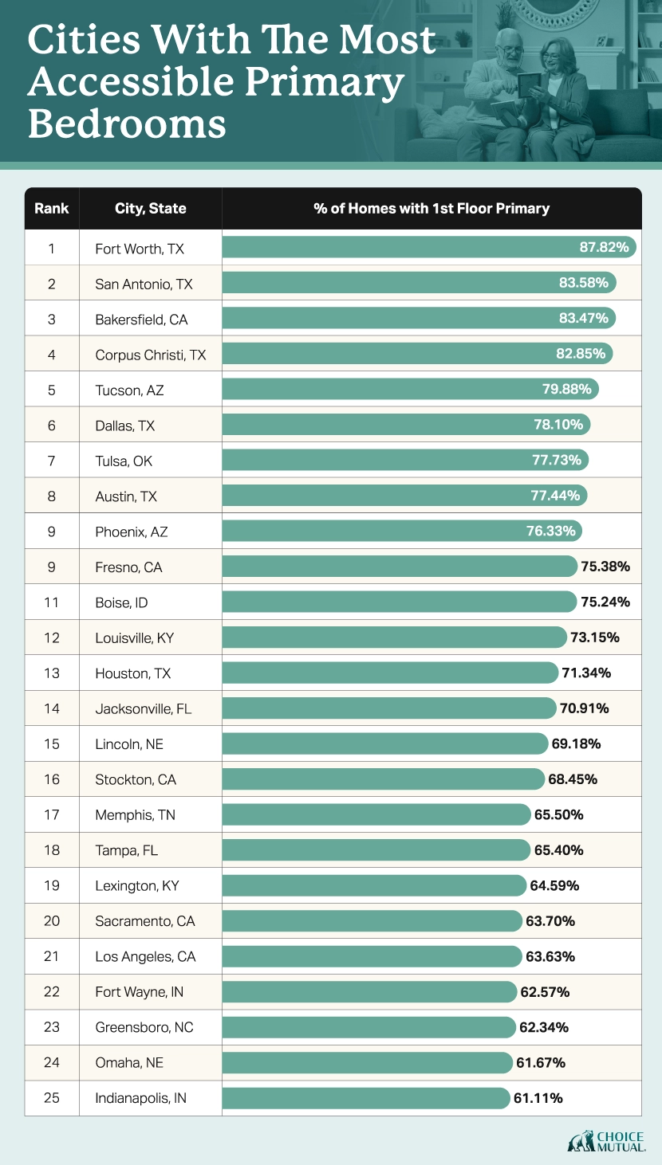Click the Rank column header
[x=51, y=209]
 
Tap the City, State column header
[x=150, y=209]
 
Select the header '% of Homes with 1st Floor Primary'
[x=431, y=209]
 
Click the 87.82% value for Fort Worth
[x=604, y=248]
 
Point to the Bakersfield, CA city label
[x=141, y=320]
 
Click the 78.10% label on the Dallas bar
[x=558, y=425]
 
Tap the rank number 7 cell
[x=51, y=461]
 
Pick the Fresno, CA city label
[x=128, y=567]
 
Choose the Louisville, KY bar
[x=391, y=637]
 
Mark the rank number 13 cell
[x=51, y=673]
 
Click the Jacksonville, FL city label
[x=143, y=708]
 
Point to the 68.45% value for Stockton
[x=573, y=779]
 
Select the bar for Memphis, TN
[x=375, y=814]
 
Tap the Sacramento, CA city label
[x=144, y=921]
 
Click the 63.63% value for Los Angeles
[x=550, y=956]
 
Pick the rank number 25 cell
[x=51, y=1098]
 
